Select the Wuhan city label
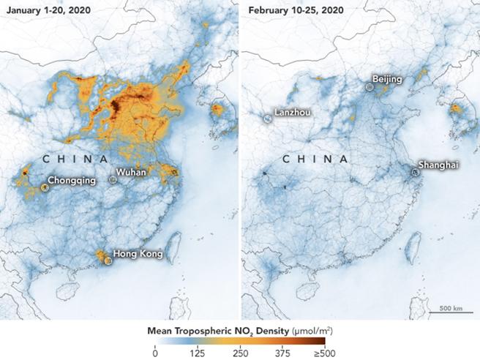pos(132,172)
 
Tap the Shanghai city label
pos(438,165)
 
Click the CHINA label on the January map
pos(75,159)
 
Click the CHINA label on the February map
pos(316,159)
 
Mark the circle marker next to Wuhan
pos(112,179)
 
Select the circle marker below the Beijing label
pos(370,86)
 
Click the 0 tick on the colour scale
pos(155,352)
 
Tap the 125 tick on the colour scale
pos(197,352)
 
